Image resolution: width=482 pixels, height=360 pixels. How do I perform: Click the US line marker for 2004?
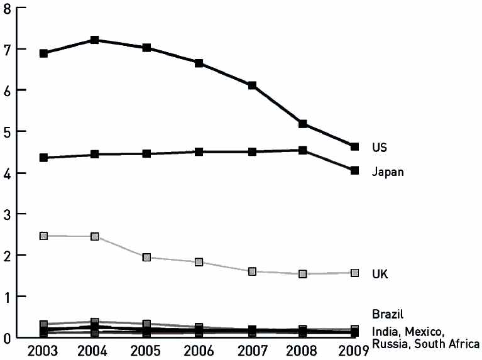[95, 40]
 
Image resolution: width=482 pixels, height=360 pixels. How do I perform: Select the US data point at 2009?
[354, 146]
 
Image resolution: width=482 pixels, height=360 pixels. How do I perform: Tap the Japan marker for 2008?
[303, 150]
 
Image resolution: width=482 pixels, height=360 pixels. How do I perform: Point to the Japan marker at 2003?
[43, 158]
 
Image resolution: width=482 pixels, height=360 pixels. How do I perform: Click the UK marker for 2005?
[146, 258]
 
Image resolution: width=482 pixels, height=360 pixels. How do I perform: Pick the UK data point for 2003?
[43, 236]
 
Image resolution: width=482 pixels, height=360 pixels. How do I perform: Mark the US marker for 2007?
[251, 85]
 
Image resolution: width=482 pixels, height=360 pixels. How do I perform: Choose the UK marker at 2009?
[354, 273]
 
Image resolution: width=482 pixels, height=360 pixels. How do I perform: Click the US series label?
[379, 148]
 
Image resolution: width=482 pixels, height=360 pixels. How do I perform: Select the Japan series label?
[387, 172]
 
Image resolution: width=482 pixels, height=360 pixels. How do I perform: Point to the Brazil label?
[386, 314]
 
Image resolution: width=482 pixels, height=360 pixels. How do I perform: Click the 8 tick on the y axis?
[6, 8]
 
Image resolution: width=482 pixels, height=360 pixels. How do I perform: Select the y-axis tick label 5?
[6, 132]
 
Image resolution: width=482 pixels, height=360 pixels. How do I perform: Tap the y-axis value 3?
[6, 214]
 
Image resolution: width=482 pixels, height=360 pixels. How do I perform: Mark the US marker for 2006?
[199, 63]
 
